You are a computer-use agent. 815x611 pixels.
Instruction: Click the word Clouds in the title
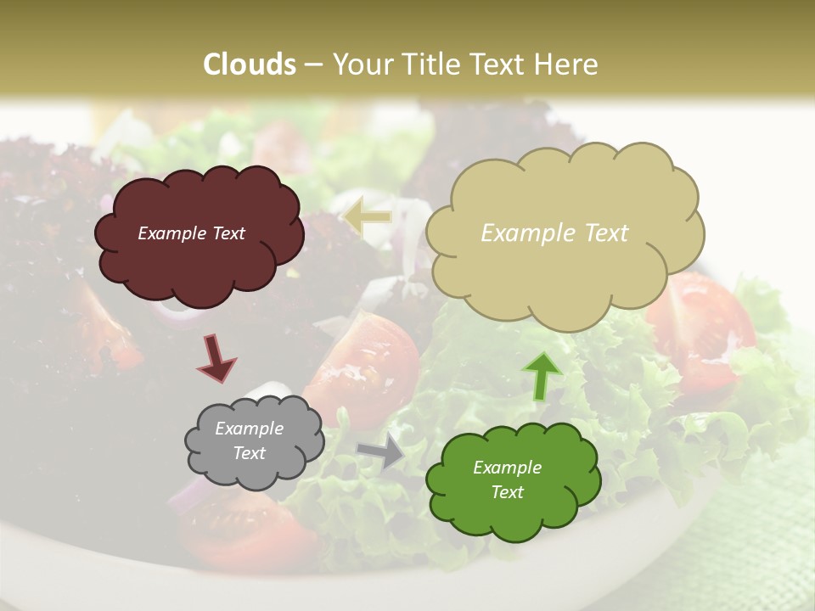point(250,64)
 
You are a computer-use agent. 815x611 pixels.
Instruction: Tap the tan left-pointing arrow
point(367,216)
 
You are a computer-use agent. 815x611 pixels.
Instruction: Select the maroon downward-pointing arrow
point(216,356)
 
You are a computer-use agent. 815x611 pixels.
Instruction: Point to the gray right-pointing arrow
point(381,452)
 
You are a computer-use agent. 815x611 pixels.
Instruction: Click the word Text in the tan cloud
point(599,233)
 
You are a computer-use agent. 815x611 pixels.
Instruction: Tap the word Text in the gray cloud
point(250,453)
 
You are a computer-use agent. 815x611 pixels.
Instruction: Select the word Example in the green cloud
point(507,468)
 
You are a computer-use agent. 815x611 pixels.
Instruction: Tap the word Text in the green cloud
point(507,492)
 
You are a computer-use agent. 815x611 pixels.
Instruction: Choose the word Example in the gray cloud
point(250,429)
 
